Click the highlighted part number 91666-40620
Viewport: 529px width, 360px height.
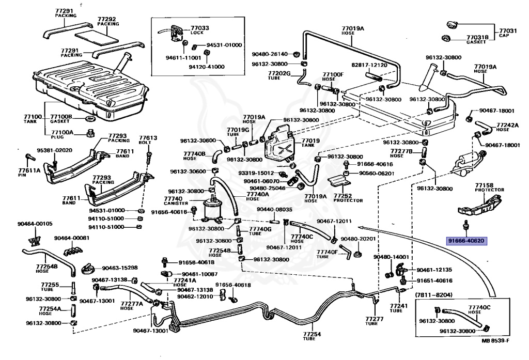tap(467, 241)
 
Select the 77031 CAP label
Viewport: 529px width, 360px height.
tap(508, 33)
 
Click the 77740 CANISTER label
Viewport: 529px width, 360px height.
tap(176, 201)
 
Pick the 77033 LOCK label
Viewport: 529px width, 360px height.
tap(199, 30)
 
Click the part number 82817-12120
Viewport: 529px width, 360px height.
tap(369, 65)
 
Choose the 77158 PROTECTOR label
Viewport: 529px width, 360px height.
tap(489, 187)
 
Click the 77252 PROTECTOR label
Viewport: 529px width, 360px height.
tap(348, 198)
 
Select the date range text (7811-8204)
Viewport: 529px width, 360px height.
tap(433, 294)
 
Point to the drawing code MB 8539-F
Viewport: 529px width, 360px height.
tap(495, 340)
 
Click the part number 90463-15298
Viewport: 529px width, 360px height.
tap(119, 268)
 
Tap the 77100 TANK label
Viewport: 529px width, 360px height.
tap(33, 119)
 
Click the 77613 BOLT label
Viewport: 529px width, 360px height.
tap(148, 139)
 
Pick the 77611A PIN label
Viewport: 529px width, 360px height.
tap(29, 173)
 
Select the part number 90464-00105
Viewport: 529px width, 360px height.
tap(35, 224)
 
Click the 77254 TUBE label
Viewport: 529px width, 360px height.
tap(312, 336)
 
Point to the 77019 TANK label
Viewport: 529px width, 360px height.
tap(310, 143)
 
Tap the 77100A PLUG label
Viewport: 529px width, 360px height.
tap(62, 135)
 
